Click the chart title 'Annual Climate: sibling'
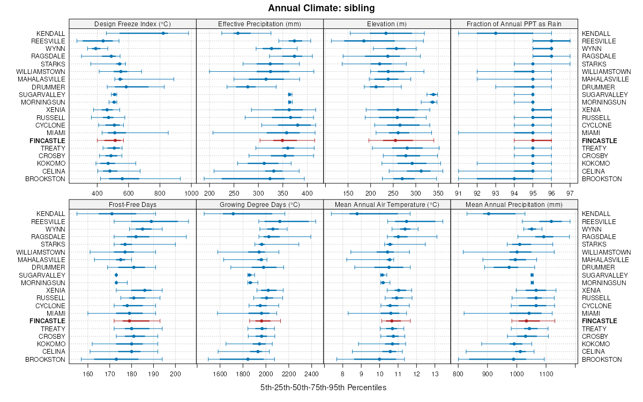pyautogui.click(x=321, y=8)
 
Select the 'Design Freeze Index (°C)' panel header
pyautogui.click(x=132, y=24)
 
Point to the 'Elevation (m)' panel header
pyautogui.click(x=387, y=24)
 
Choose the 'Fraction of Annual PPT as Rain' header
pyautogui.click(x=514, y=24)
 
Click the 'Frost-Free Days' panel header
pyautogui.click(x=132, y=204)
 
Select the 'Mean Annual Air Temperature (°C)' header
pyautogui.click(x=387, y=204)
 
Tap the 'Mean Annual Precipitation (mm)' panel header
pyautogui.click(x=514, y=204)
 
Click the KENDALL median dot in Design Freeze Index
pyautogui.click(x=163, y=33)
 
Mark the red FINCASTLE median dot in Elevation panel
pyautogui.click(x=395, y=140)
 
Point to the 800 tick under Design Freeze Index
pyautogui.click(x=160, y=192)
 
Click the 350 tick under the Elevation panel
pyautogui.click(x=438, y=192)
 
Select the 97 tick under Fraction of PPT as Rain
pyautogui.click(x=570, y=192)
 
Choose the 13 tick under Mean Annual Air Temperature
pyautogui.click(x=435, y=373)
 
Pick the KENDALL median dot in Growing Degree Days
pyautogui.click(x=233, y=214)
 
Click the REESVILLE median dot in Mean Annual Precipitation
pyautogui.click(x=551, y=221)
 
